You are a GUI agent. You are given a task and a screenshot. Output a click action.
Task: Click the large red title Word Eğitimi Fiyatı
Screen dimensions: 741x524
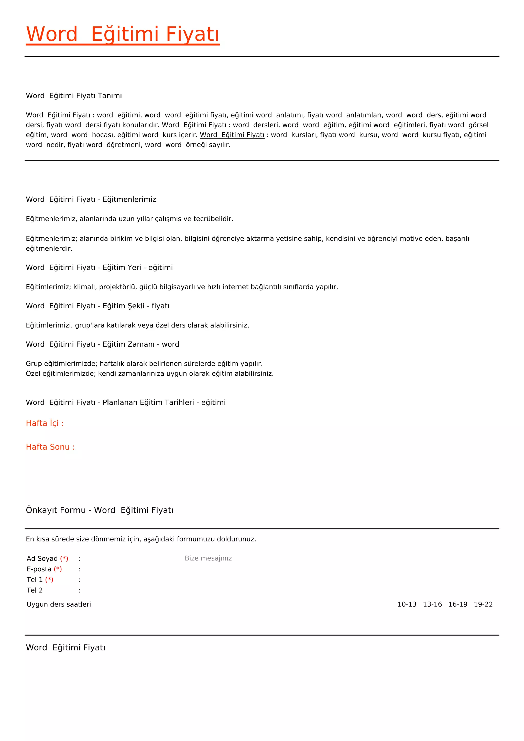pyautogui.click(x=123, y=34)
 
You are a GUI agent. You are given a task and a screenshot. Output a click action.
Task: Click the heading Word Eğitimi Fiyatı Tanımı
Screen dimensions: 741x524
pyautogui.click(x=74, y=95)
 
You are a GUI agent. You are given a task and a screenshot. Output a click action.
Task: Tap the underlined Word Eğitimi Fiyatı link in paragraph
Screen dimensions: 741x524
pyautogui.click(x=232, y=135)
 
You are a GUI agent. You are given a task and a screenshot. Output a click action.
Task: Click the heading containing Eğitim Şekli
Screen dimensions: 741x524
pyautogui.click(x=97, y=306)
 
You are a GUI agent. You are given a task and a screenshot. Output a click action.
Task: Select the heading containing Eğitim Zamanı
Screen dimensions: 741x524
pyautogui.click(x=102, y=344)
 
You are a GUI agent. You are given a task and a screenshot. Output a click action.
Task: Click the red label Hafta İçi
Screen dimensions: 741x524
pyautogui.click(x=45, y=423)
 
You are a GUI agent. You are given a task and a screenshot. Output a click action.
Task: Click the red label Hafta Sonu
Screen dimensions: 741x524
pyautogui.click(x=50, y=447)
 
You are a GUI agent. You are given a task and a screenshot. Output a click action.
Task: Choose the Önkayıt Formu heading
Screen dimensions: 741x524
pyautogui.click(x=99, y=510)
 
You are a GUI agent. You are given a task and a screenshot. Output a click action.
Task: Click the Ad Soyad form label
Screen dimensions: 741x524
pyautogui.click(x=42, y=559)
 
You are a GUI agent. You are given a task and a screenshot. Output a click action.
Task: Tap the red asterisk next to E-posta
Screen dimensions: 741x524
pyautogui.click(x=58, y=569)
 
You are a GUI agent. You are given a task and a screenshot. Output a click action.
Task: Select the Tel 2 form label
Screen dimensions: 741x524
pyautogui.click(x=35, y=590)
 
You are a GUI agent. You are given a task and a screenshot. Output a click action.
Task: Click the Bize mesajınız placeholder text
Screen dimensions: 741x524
pyautogui.click(x=208, y=558)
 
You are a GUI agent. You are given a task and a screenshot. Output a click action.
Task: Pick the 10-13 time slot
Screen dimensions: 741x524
pyautogui.click(x=407, y=604)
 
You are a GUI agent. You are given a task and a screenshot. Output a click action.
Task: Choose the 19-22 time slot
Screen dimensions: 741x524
pyautogui.click(x=483, y=604)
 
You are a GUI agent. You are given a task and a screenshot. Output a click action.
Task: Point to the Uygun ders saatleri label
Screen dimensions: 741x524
pyautogui.click(x=59, y=604)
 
